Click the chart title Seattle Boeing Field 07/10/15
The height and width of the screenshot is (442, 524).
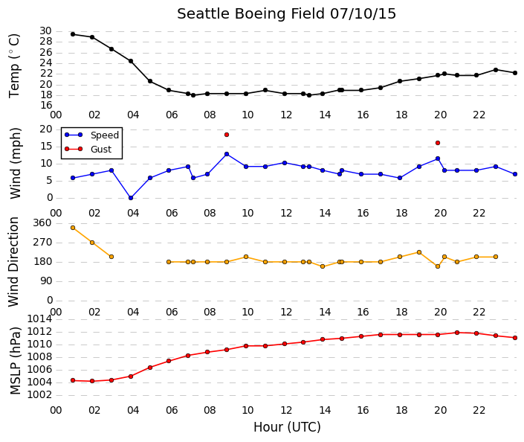[x=286, y=14]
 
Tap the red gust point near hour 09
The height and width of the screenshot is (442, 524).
[x=227, y=135]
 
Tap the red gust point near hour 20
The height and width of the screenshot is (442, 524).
[x=438, y=143]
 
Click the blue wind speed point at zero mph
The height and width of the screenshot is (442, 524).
[x=131, y=198]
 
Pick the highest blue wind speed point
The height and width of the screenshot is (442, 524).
[x=227, y=154]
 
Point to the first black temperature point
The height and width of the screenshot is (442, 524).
[x=73, y=34]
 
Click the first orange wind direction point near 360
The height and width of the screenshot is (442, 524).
[x=73, y=228]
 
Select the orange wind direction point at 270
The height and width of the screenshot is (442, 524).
[x=92, y=243]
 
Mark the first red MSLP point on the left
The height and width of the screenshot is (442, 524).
[x=73, y=380]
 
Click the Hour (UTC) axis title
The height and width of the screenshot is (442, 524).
[x=287, y=427]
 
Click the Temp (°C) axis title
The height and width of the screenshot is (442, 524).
[x=14, y=66]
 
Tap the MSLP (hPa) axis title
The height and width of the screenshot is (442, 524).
[x=15, y=360]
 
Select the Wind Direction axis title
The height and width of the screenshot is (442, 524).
[x=13, y=262]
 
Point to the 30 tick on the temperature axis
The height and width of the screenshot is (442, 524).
[x=46, y=31]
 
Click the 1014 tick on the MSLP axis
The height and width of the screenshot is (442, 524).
[x=39, y=319]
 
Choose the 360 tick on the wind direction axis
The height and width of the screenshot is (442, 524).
[x=43, y=223]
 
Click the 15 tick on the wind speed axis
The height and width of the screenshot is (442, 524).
[x=46, y=147]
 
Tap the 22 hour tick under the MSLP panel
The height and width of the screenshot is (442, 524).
[x=479, y=410]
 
